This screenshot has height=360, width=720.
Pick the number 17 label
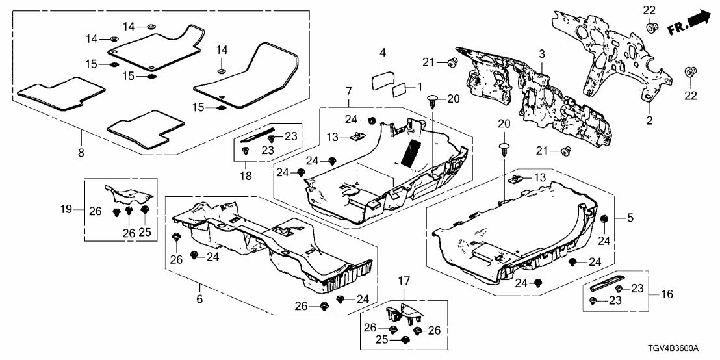pyautogui.click(x=404, y=281)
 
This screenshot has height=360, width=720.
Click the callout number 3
pyautogui.click(x=541, y=52)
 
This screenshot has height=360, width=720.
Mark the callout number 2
pyautogui.click(x=649, y=120)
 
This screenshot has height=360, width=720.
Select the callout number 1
pyautogui.click(x=419, y=86)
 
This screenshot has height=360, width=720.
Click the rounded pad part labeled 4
pyautogui.click(x=380, y=81)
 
